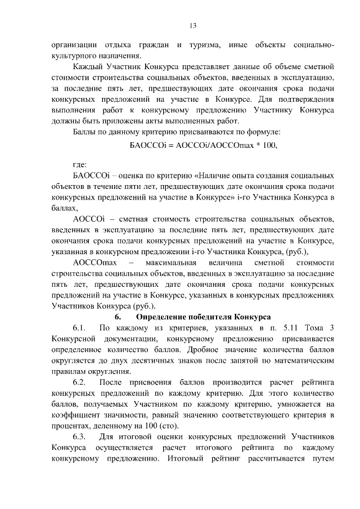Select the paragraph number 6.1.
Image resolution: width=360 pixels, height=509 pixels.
80,328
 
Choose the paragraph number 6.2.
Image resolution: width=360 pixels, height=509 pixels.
80,382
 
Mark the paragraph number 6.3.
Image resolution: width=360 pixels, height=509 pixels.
80,437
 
